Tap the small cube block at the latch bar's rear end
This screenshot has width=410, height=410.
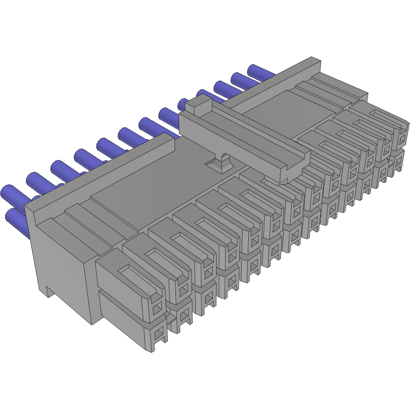[198, 104]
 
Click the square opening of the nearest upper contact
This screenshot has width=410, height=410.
[157, 309]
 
